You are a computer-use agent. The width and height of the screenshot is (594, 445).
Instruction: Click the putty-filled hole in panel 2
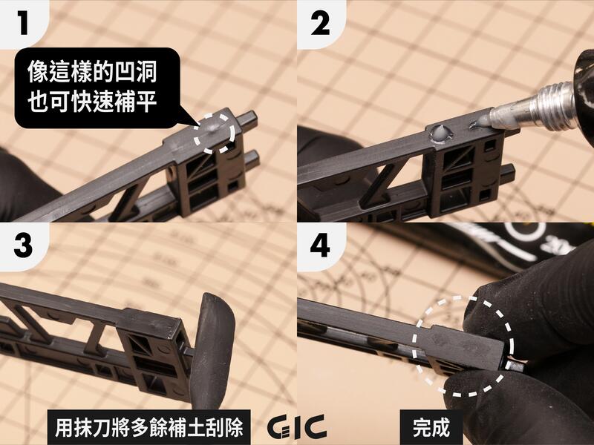point(440,133)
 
